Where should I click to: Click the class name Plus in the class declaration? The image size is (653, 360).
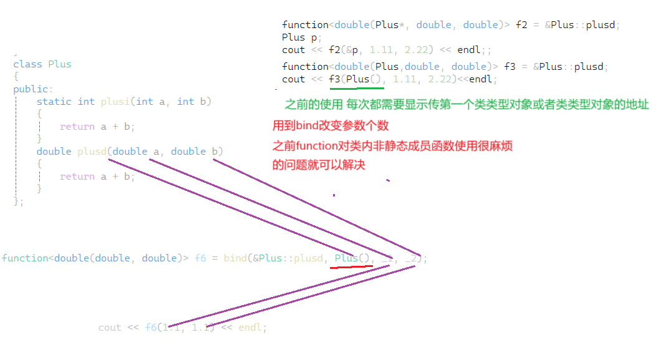pos(60,64)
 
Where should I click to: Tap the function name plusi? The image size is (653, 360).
pos(115,101)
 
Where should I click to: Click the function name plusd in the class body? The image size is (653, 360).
pos(92,151)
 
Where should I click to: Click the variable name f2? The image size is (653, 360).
pos(522,25)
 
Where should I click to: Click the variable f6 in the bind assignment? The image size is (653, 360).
pos(200,258)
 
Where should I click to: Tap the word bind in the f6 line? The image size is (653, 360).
pos(235,258)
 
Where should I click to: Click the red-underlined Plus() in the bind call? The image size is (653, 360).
pos(352,258)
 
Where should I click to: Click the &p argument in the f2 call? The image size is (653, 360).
pos(352,50)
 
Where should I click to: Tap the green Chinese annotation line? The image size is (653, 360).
pos(467,105)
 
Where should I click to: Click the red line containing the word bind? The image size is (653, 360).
pos(331,125)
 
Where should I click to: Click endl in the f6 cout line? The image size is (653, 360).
pos(251,328)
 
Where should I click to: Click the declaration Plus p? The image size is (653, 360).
pos(294,37)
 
